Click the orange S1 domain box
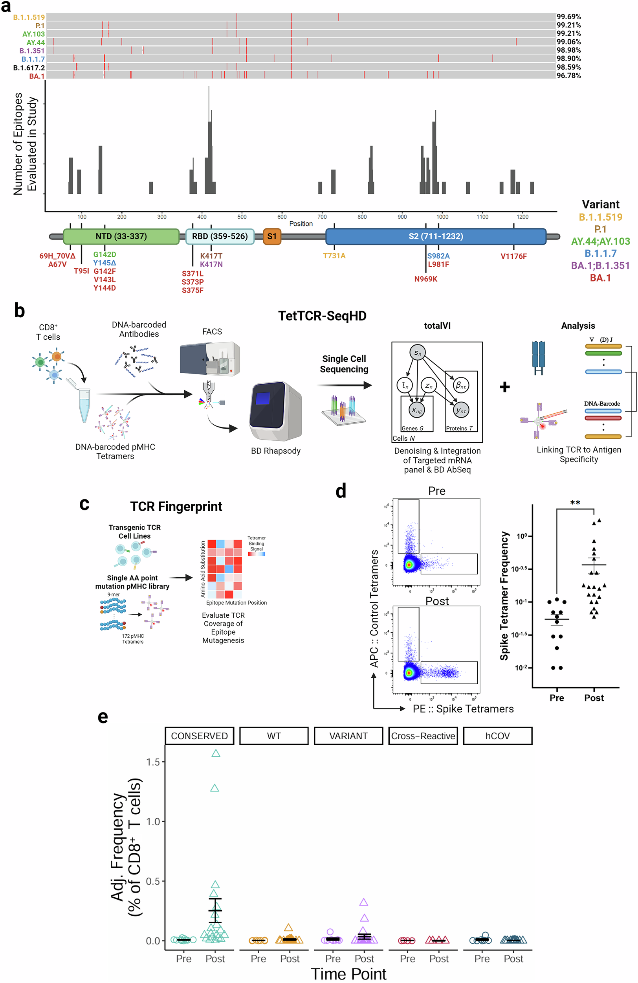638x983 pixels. (272, 236)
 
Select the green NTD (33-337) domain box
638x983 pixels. (121, 236)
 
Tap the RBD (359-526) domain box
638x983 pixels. (220, 236)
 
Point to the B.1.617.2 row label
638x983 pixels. (29, 68)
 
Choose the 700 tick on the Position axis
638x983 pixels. (322, 216)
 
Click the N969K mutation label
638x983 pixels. (425, 279)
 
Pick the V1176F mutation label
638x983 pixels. (513, 256)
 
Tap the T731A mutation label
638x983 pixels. (334, 256)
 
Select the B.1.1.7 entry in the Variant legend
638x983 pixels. (600, 254)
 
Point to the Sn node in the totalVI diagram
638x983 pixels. (418, 353)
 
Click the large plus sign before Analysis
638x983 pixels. (504, 387)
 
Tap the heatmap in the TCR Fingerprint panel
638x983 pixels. (224, 569)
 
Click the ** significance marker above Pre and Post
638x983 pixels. (575, 503)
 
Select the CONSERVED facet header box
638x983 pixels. (199, 736)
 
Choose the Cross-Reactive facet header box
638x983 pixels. (423, 736)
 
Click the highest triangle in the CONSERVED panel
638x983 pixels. (216, 753)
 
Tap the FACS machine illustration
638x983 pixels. (210, 359)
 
